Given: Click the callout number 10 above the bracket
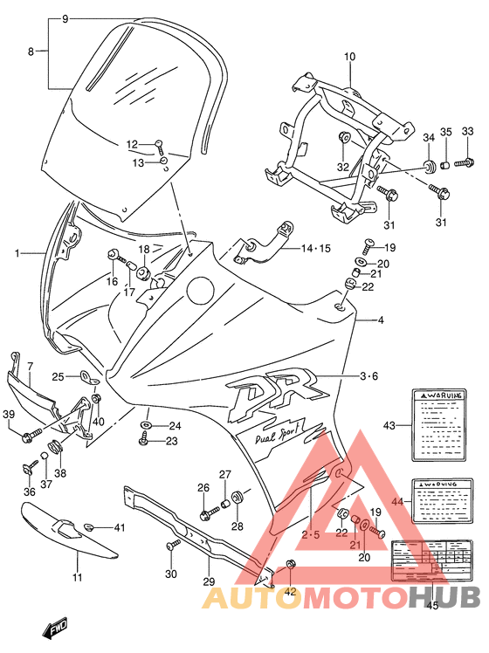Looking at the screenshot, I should pos(349,58).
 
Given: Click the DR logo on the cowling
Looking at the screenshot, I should pos(266,398).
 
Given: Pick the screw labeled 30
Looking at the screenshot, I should pos(171,546).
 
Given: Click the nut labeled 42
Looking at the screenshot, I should pos(291,564).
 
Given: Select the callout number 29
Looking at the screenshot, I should pos(208,581).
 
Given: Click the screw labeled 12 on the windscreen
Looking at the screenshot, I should pos(160,144).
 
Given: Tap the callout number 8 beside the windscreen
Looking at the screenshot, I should pos(31,52).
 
